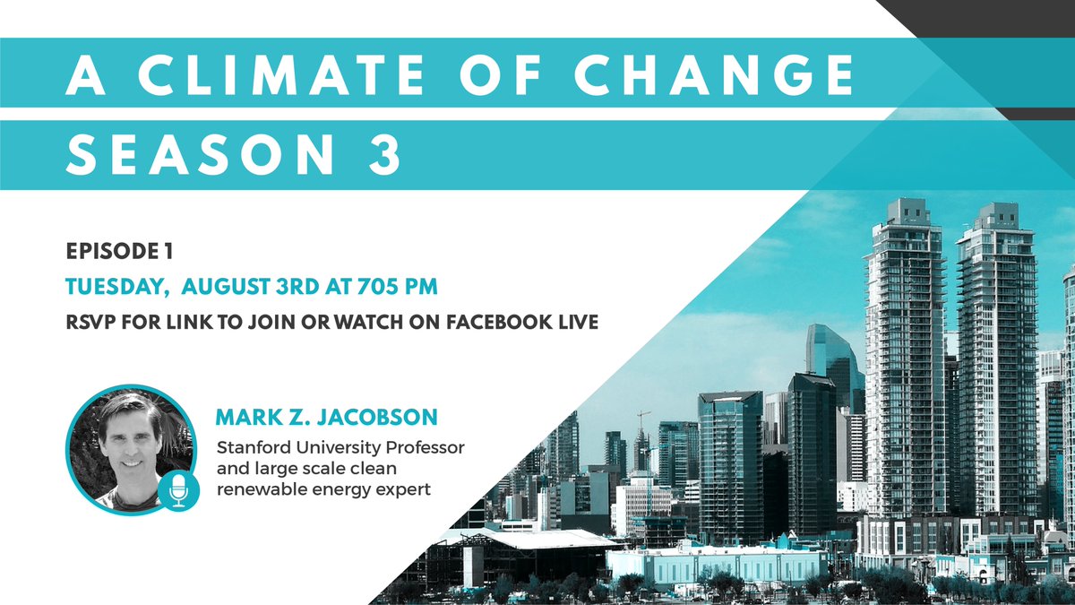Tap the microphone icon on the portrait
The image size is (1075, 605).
[x=177, y=489]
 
